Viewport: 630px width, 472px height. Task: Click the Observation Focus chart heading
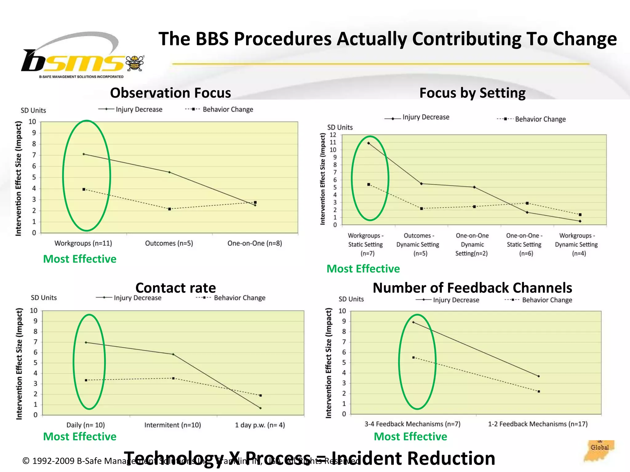click(x=170, y=93)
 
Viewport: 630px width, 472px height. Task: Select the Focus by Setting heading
click(x=472, y=93)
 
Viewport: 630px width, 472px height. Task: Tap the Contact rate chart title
click(x=176, y=288)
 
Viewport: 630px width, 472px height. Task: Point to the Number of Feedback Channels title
click(x=472, y=288)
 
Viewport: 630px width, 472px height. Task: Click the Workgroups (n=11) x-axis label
click(x=83, y=243)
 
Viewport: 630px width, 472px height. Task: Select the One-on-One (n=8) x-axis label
click(x=255, y=243)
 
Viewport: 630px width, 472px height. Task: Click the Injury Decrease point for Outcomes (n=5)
click(x=169, y=172)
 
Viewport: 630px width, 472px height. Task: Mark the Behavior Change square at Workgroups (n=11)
click(x=84, y=190)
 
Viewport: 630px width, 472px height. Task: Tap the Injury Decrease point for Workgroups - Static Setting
click(x=369, y=143)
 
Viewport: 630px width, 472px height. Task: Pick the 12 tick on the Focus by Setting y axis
click(x=333, y=135)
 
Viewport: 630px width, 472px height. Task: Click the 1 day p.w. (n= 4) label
click(x=260, y=425)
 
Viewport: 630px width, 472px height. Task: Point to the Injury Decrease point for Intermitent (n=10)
click(x=173, y=354)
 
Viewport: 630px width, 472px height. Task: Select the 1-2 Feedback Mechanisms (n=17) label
click(x=538, y=424)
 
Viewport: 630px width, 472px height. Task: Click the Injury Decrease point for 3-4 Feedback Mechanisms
click(x=413, y=322)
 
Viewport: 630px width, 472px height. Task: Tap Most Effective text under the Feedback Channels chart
click(x=410, y=437)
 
